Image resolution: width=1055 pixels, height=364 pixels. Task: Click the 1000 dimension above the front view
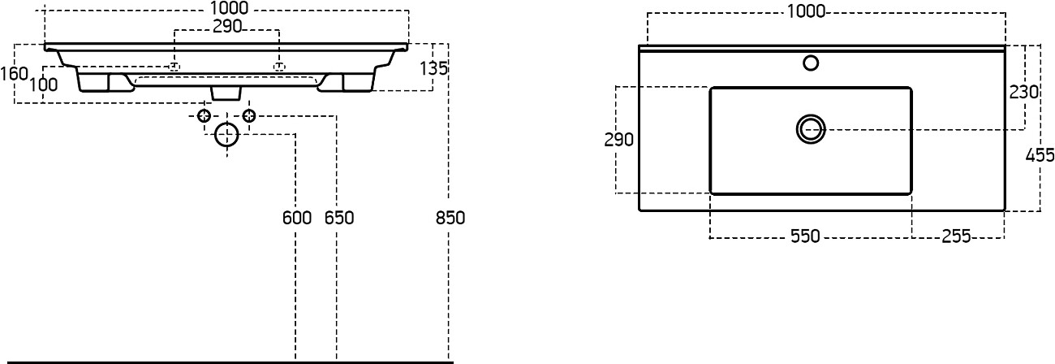[228, 9]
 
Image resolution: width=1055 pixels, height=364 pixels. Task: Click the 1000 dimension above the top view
[805, 11]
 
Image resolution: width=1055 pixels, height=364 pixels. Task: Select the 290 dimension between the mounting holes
[228, 27]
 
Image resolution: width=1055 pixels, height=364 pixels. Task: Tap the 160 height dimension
[15, 74]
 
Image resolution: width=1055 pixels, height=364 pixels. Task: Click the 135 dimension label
[434, 68]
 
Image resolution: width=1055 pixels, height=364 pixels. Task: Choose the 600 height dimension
[297, 218]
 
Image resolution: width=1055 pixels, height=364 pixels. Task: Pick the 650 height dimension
[339, 218]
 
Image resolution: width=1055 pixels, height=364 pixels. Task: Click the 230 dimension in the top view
[1024, 92]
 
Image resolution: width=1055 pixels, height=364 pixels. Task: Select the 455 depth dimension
[1040, 155]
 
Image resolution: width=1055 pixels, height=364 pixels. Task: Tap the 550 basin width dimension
[805, 237]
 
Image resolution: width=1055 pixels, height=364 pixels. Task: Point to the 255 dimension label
[956, 237]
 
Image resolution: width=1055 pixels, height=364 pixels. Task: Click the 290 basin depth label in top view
[618, 140]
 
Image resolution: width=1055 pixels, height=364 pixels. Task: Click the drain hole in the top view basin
[810, 128]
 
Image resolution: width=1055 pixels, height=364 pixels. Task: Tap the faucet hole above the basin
[810, 62]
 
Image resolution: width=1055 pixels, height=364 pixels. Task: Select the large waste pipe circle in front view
[227, 135]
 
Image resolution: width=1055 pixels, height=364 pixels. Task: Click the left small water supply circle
[205, 116]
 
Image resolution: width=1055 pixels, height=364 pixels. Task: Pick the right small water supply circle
[249, 116]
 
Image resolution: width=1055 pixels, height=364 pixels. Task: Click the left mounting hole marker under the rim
[174, 66]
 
